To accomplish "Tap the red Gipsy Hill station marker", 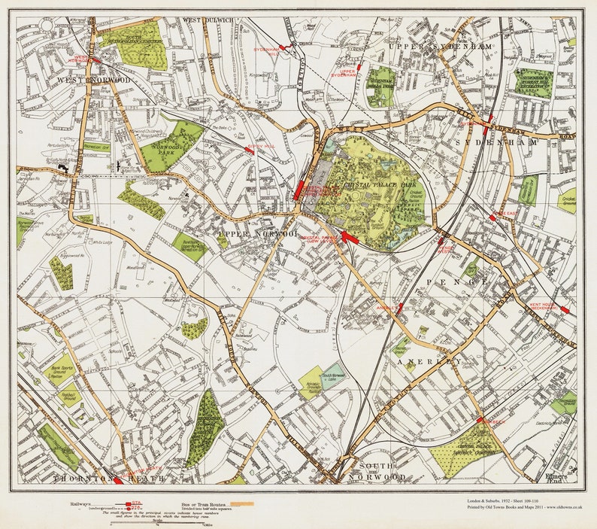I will click(x=250, y=150).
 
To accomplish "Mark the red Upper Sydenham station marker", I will click(x=360, y=68).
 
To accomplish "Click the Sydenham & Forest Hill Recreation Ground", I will click(x=533, y=82).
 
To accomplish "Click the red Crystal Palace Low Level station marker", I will click(x=347, y=238).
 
